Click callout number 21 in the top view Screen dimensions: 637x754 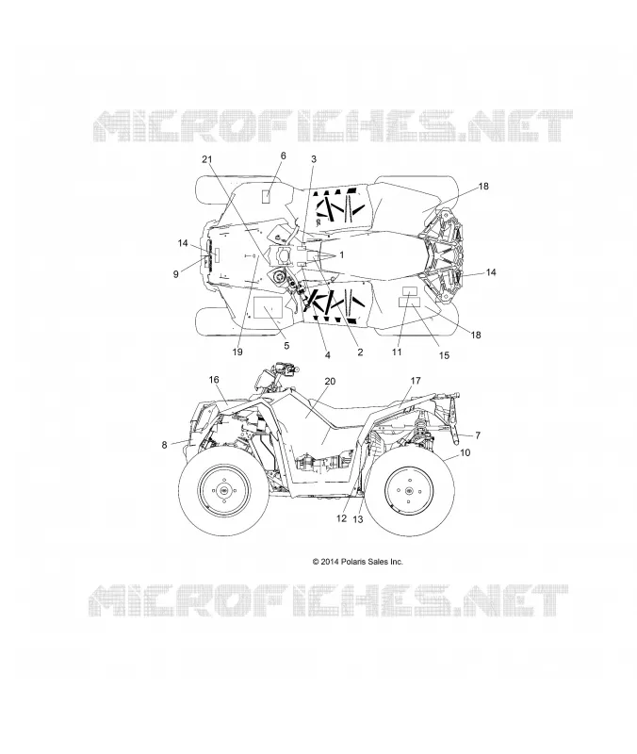coord(206,159)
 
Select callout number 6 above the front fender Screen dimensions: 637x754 coord(284,156)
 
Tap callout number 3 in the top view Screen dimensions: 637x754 coord(314,159)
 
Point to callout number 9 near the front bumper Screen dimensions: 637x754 coord(176,274)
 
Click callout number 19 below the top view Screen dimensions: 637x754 coord(237,352)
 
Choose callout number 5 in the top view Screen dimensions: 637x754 coord(286,346)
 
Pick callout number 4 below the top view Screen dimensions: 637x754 coord(327,355)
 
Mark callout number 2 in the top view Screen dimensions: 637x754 coord(360,352)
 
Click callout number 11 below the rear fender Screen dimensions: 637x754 coord(397,352)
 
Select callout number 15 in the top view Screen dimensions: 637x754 coord(444,355)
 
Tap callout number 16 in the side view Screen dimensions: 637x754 coord(214,380)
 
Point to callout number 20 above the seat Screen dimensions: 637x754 coord(330,382)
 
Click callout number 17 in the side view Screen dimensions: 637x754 coord(416,381)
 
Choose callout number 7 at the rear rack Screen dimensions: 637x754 coord(478,435)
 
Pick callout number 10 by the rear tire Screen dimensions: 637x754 coord(465,452)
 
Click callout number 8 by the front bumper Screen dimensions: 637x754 coord(164,445)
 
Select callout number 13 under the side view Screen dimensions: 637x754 coord(358,519)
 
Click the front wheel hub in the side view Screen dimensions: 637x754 coord(224,490)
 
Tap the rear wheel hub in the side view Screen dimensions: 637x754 coord(409,490)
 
